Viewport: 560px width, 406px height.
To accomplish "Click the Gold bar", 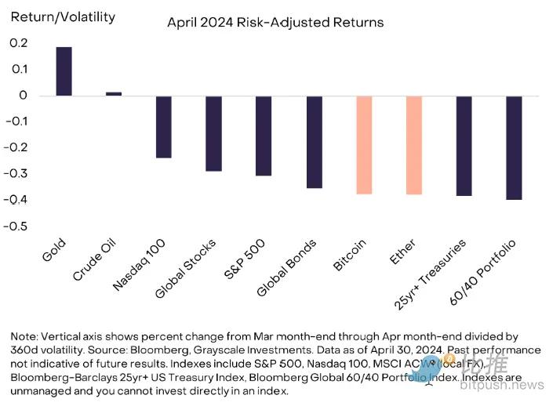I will (x=64, y=71).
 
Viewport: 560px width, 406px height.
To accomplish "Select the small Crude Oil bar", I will (x=114, y=94).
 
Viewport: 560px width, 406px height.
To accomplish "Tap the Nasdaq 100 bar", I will (x=164, y=127).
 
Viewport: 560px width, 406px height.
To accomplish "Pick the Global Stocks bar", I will (x=214, y=133).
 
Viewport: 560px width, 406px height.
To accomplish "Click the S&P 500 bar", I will (x=264, y=136).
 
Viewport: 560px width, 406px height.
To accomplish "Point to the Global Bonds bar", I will (x=314, y=142).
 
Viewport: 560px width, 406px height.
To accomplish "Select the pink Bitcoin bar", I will (x=364, y=145).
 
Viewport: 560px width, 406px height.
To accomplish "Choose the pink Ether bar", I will (x=414, y=145).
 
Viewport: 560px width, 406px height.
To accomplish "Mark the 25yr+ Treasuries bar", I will (x=464, y=146).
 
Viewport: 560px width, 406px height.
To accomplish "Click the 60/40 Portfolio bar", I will (x=515, y=147).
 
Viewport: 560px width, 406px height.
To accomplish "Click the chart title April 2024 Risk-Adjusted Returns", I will (x=275, y=22).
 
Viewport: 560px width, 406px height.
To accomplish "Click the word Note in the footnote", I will (x=23, y=335).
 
